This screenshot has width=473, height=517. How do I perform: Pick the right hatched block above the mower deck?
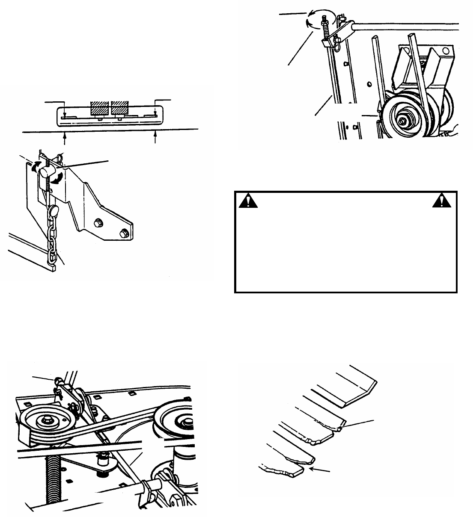120,108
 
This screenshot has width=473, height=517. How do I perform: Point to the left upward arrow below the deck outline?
65,138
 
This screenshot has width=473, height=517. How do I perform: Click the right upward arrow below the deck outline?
155,138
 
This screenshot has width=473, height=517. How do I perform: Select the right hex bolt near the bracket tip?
125,233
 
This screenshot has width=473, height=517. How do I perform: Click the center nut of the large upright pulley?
403,121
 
